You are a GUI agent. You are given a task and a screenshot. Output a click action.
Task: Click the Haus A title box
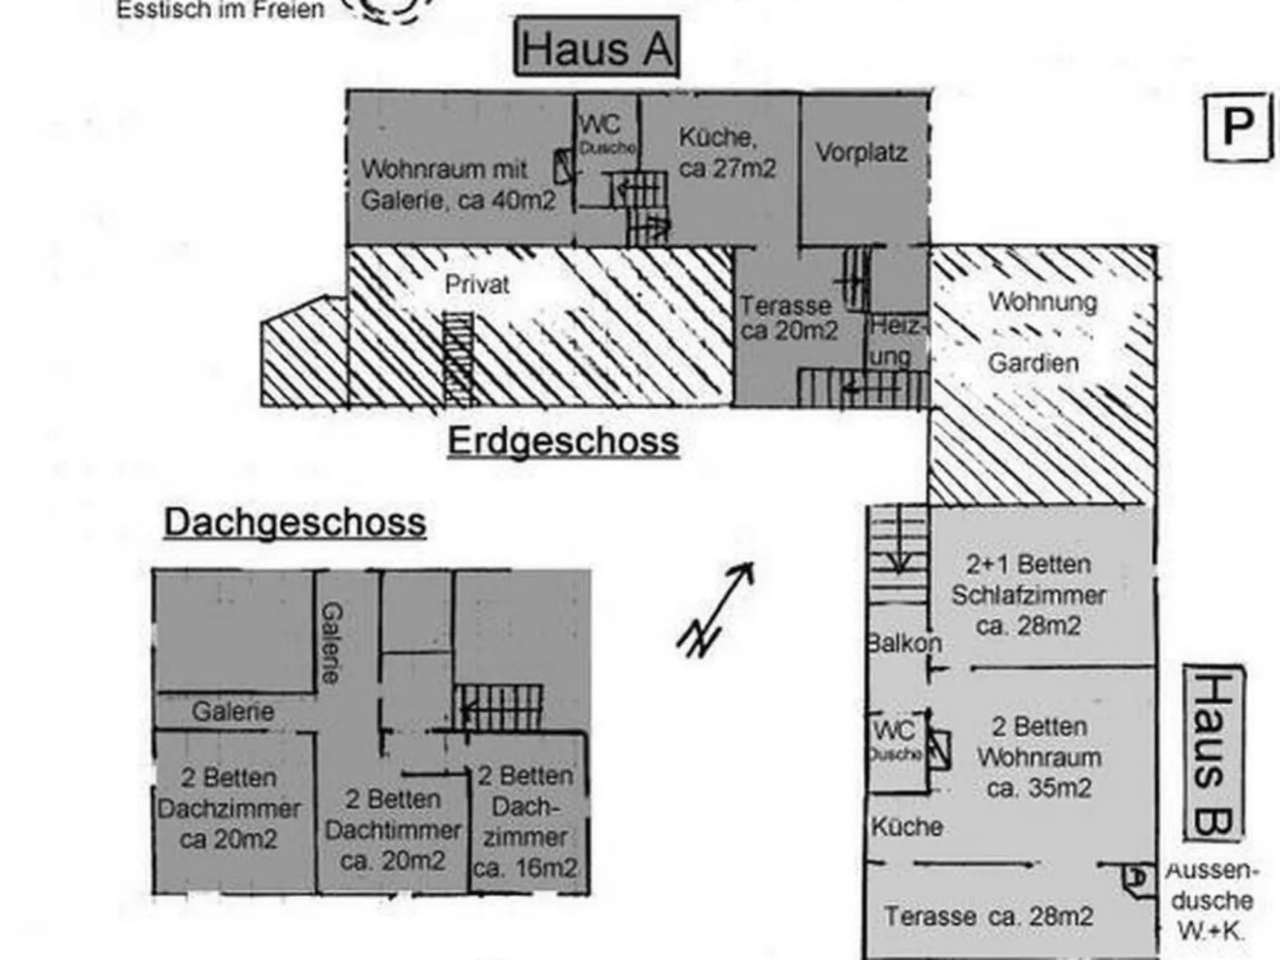(597, 49)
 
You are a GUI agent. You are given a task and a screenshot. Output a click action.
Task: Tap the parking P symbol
(1236, 127)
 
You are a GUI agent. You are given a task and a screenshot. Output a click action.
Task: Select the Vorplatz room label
(861, 153)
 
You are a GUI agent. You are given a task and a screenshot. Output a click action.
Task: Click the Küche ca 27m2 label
(726, 153)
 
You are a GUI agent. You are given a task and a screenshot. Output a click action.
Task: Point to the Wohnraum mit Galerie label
(457, 185)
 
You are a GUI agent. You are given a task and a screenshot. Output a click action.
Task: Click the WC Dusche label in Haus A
(606, 134)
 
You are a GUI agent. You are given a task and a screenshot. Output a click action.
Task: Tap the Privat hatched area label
(477, 284)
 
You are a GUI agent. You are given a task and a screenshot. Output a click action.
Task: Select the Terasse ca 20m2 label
(788, 318)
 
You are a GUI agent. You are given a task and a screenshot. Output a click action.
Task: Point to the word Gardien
(1033, 363)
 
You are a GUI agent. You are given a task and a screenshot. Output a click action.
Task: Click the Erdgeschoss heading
(563, 441)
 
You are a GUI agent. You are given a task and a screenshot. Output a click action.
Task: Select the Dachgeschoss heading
(295, 523)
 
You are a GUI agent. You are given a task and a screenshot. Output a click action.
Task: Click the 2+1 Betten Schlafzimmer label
(1028, 595)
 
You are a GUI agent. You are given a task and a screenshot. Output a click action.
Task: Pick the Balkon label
(904, 643)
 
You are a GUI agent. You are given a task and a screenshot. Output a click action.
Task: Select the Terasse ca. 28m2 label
(988, 916)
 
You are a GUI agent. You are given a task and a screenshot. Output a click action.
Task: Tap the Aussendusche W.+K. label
(1211, 900)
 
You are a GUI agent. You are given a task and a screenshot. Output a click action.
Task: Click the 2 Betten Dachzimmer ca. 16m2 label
(524, 821)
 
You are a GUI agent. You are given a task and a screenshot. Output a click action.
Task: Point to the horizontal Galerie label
(232, 711)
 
